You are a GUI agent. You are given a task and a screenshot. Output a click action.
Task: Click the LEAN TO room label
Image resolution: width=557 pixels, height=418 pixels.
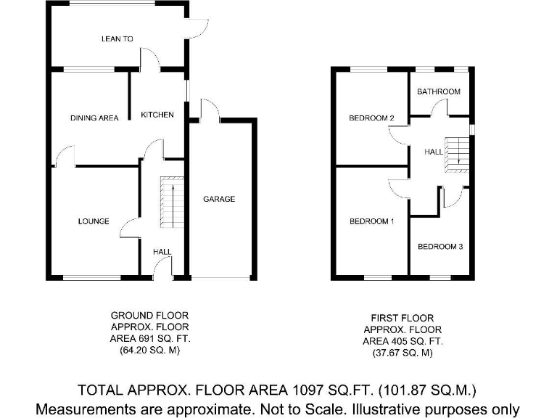117,39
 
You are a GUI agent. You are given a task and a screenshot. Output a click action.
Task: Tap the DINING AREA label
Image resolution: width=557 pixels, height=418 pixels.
94,118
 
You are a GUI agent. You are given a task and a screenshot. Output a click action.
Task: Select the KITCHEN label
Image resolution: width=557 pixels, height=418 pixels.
157,115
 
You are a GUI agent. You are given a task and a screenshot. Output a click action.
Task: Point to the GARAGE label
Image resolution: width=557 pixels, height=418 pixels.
219,199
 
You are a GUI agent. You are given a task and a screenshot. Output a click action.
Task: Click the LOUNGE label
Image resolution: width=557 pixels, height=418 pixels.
94,221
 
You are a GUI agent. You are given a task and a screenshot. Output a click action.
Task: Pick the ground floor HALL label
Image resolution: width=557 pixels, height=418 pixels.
162,252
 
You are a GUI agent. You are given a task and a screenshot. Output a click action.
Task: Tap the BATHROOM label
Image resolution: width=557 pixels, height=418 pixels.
438,91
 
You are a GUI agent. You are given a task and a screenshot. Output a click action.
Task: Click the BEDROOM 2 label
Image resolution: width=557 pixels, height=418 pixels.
371,118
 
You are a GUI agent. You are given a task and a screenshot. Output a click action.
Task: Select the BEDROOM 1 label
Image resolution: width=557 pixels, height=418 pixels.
371,221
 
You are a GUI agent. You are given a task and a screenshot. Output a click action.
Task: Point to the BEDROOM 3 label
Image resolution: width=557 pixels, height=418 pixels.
440,247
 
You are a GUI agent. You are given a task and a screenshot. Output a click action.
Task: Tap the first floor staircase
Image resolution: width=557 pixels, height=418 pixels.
455,155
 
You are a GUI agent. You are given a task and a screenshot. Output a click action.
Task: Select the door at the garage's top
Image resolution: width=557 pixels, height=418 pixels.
210,108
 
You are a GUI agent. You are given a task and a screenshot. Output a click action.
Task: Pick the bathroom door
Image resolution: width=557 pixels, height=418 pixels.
440,108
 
